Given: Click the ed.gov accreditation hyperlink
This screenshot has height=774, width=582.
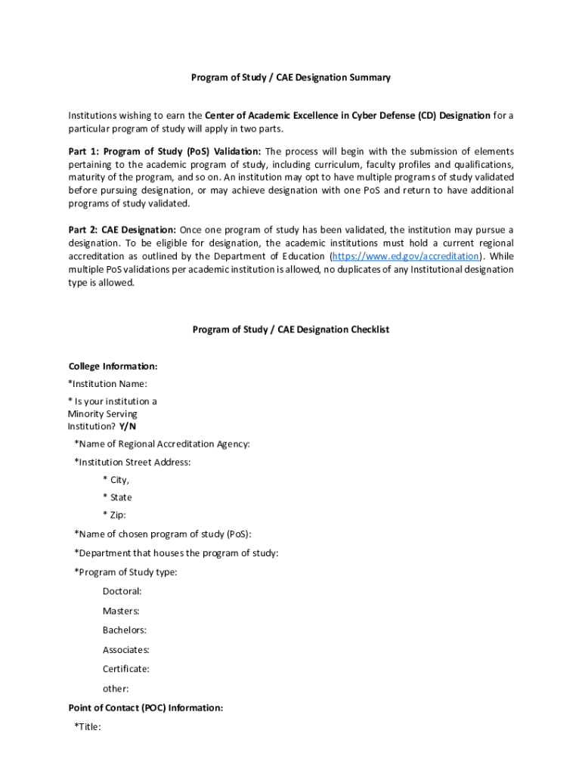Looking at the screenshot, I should (x=405, y=256).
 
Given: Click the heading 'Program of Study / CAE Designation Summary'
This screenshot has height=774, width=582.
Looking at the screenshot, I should (x=290, y=77).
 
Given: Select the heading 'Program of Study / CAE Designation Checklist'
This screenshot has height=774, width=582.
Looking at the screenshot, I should (x=290, y=330).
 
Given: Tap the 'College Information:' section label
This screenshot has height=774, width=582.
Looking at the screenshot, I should (x=113, y=367).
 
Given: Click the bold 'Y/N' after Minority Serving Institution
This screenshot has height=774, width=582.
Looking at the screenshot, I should (x=128, y=426).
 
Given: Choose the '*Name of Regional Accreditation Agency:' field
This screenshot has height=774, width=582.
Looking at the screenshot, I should (x=162, y=444).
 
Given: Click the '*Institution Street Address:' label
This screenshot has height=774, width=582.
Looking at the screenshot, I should (x=132, y=462).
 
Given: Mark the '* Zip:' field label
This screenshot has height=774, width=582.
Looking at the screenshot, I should (x=115, y=515).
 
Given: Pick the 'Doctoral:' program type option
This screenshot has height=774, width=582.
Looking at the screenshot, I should (x=122, y=592).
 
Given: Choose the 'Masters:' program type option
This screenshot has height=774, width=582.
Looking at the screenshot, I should (x=121, y=611).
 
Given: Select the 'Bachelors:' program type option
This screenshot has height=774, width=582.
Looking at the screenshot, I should (x=125, y=630).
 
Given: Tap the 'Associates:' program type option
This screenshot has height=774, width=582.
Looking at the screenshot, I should (x=126, y=650).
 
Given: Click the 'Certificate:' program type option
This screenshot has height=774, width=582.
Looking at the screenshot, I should (x=126, y=669).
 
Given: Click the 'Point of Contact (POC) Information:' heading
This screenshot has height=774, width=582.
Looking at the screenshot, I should (x=146, y=708).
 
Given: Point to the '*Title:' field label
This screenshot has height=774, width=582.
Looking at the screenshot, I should (x=88, y=727).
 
